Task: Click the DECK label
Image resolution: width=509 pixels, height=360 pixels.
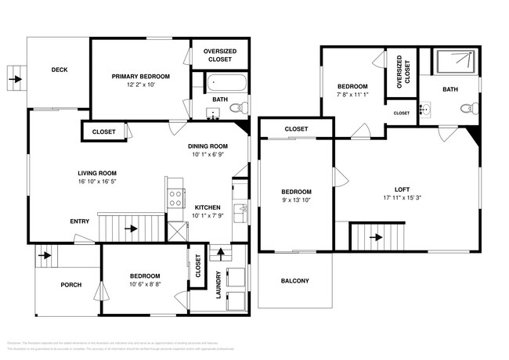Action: point(60,70)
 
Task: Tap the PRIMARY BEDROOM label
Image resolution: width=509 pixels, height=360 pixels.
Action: point(141,76)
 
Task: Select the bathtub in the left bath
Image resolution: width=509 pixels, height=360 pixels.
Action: point(227,82)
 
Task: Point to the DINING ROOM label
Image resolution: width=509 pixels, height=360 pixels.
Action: point(208,146)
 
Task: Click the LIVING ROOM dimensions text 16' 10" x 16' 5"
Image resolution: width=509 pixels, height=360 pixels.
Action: point(96,182)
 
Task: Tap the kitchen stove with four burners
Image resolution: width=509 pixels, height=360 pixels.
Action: point(175,197)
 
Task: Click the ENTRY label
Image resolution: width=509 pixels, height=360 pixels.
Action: point(79,221)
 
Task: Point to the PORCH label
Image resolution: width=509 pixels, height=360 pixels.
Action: point(71,284)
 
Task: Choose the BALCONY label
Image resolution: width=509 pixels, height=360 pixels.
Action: point(294,281)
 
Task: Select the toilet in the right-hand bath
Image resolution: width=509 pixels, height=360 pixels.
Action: point(467,109)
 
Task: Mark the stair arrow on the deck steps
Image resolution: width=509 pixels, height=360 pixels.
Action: point(16,78)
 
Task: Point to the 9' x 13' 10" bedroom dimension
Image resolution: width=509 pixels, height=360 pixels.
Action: point(296,200)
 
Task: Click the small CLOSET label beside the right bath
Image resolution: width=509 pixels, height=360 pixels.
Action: point(401,113)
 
